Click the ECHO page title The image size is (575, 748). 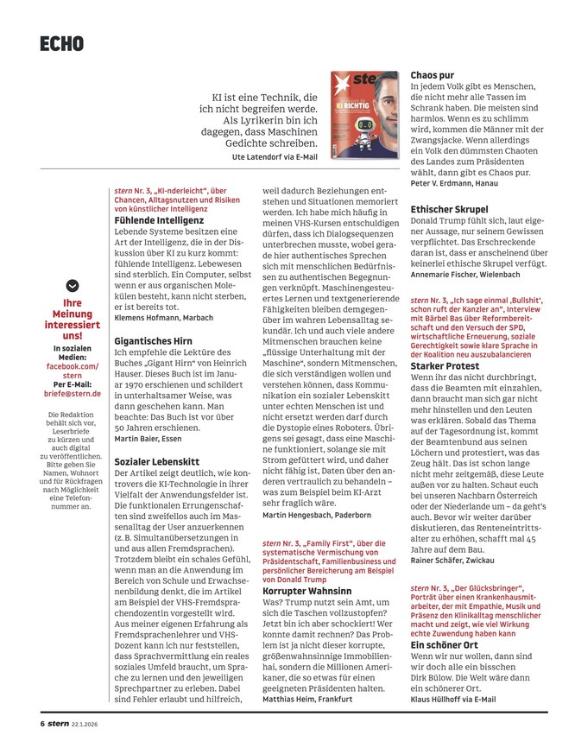point(61,42)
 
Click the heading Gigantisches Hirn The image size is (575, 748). point(154,341)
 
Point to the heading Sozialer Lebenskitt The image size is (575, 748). point(158,462)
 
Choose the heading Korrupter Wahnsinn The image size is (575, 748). point(308,591)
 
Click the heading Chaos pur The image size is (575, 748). point(432,75)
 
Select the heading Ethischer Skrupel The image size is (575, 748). point(449,209)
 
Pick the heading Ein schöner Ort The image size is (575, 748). point(445,644)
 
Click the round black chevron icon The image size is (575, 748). point(73,285)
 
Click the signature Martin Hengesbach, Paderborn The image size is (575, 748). point(318,515)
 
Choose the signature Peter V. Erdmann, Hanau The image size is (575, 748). point(454,184)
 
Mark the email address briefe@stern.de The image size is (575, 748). point(72,393)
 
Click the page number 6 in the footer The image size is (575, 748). point(40,722)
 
